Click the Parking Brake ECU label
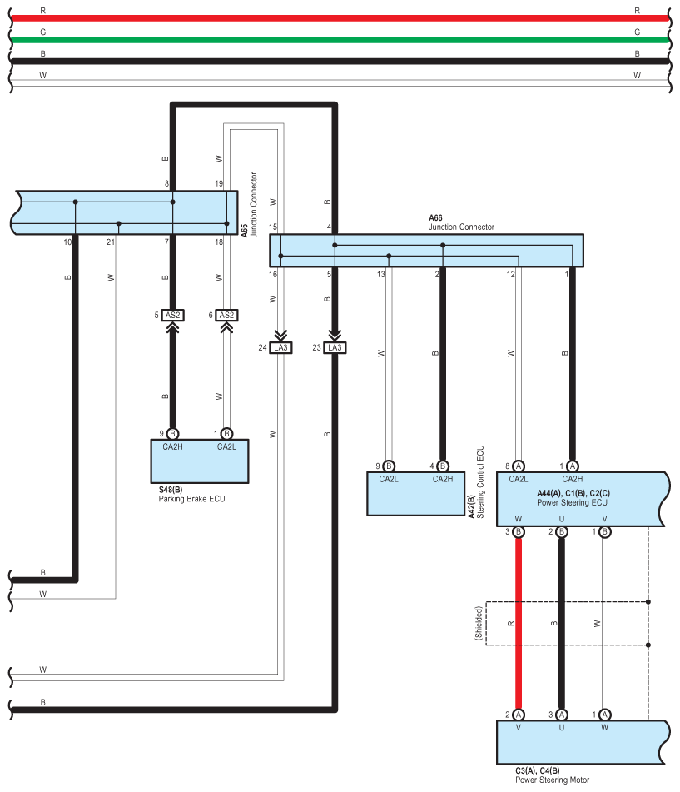[191, 500]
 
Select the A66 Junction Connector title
[461, 222]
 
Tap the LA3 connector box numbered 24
[280, 347]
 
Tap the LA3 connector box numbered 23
[335, 347]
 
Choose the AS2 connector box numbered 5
[173, 315]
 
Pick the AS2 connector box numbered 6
[226, 315]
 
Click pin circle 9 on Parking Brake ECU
[172, 433]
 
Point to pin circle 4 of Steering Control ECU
[443, 466]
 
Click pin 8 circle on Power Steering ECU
[518, 466]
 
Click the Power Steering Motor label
[552, 780]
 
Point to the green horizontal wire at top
[333, 39]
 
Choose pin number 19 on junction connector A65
[219, 183]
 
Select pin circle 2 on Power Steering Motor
[518, 714]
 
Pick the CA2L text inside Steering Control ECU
[389, 479]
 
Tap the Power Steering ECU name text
[572, 502]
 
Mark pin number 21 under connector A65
[110, 242]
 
